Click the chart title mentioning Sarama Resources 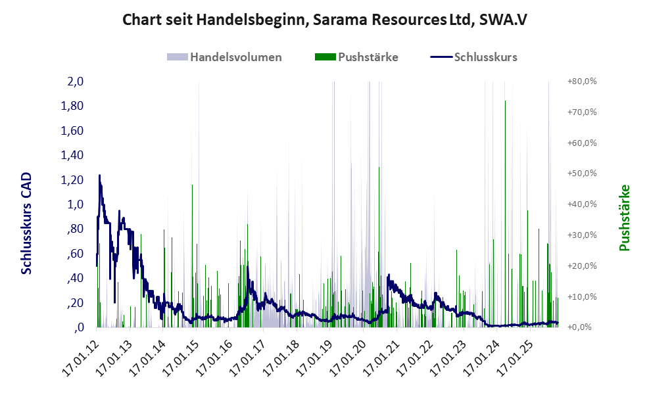[x=325, y=20]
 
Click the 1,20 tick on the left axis [x=71, y=180]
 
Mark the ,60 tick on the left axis [x=74, y=254]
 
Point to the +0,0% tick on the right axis [x=581, y=327]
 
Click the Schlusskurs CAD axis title [x=27, y=223]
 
